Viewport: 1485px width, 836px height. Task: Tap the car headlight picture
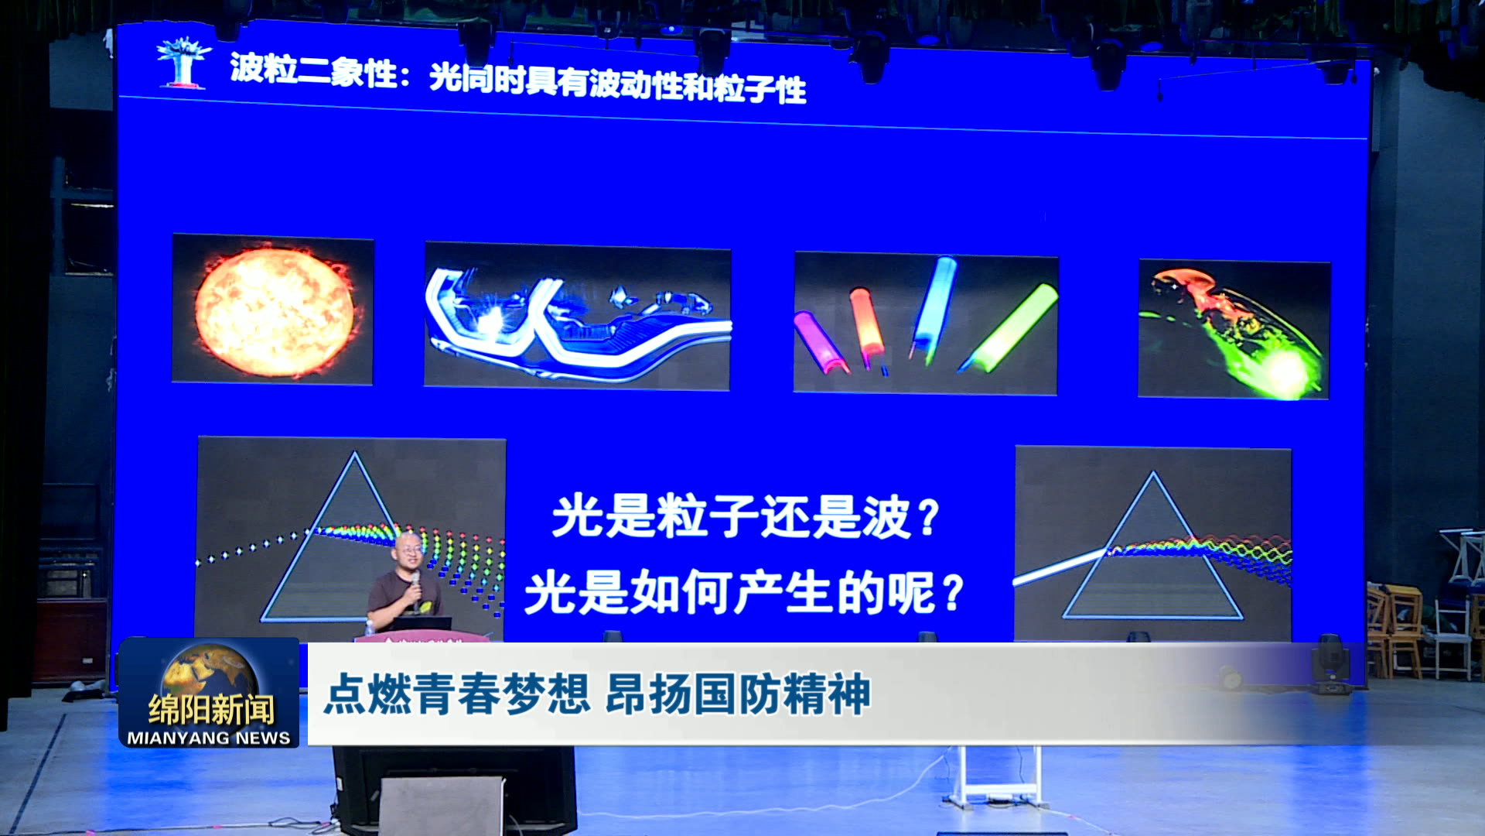(577, 317)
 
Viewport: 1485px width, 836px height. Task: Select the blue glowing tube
(934, 309)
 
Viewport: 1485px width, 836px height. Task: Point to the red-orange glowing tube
(866, 326)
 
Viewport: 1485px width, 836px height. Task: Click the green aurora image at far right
(1234, 330)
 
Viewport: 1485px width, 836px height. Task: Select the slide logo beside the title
(183, 62)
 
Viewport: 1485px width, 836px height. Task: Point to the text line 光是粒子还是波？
(746, 517)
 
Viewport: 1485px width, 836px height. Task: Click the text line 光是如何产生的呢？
(745, 593)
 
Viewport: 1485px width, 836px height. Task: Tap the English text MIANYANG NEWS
(209, 738)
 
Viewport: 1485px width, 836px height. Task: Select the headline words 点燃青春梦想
(457, 694)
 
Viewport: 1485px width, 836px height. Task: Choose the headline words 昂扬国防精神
(738, 694)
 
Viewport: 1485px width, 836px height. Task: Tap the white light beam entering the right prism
(1060, 567)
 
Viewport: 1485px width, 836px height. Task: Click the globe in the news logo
(209, 672)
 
